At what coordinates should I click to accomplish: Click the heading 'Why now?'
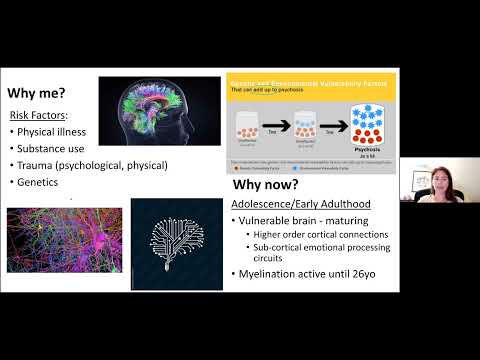(x=267, y=186)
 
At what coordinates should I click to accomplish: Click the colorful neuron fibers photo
(x=64, y=240)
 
